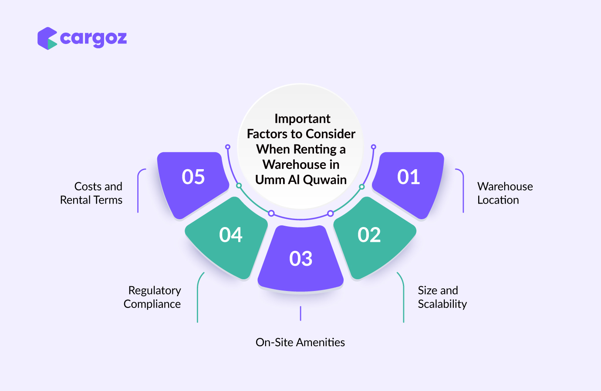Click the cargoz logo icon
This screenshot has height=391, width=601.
47,38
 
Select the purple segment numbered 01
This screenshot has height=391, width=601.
408,185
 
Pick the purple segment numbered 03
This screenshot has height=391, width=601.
300,259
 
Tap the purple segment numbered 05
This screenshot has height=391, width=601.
193,185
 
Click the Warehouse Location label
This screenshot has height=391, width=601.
505,193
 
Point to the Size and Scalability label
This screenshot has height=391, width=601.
442,297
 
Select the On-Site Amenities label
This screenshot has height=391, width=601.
300,342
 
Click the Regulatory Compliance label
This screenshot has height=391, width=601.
152,297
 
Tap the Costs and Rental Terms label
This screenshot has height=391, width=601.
91,193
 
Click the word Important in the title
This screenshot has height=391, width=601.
302,119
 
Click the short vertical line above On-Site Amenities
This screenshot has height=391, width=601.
300,313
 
